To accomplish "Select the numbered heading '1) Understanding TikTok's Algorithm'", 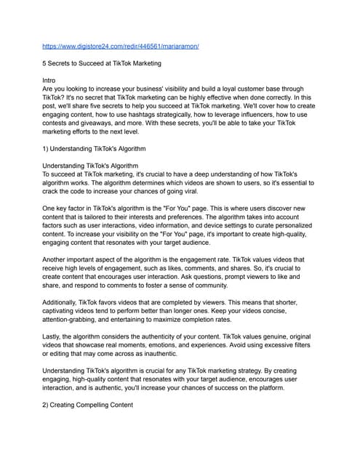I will [95, 149].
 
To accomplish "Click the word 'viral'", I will [216, 191].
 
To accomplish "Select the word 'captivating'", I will [66, 310].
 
